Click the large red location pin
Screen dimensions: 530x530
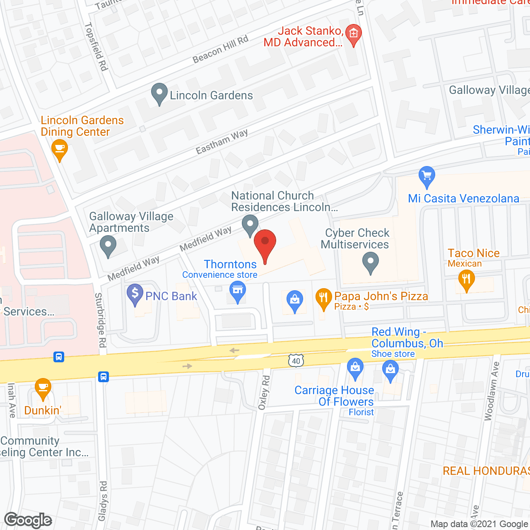click(x=265, y=244)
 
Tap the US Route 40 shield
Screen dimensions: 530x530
click(x=296, y=361)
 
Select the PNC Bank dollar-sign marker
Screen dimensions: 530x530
click(x=135, y=294)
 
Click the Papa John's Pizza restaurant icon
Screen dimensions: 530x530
click(x=323, y=299)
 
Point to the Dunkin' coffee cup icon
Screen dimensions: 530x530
click(x=43, y=388)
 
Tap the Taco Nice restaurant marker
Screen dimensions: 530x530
click(x=466, y=280)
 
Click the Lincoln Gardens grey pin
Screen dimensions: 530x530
click(x=159, y=94)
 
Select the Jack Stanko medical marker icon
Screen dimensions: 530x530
click(x=353, y=34)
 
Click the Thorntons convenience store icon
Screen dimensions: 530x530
click(x=238, y=291)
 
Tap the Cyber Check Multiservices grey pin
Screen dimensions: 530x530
click(x=371, y=263)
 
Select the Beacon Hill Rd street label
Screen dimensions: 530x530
click(x=220, y=49)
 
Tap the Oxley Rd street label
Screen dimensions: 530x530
click(x=264, y=393)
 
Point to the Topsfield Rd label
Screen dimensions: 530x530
click(x=96, y=46)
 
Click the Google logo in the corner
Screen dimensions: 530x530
click(x=28, y=520)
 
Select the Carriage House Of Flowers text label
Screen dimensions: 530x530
click(x=334, y=396)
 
